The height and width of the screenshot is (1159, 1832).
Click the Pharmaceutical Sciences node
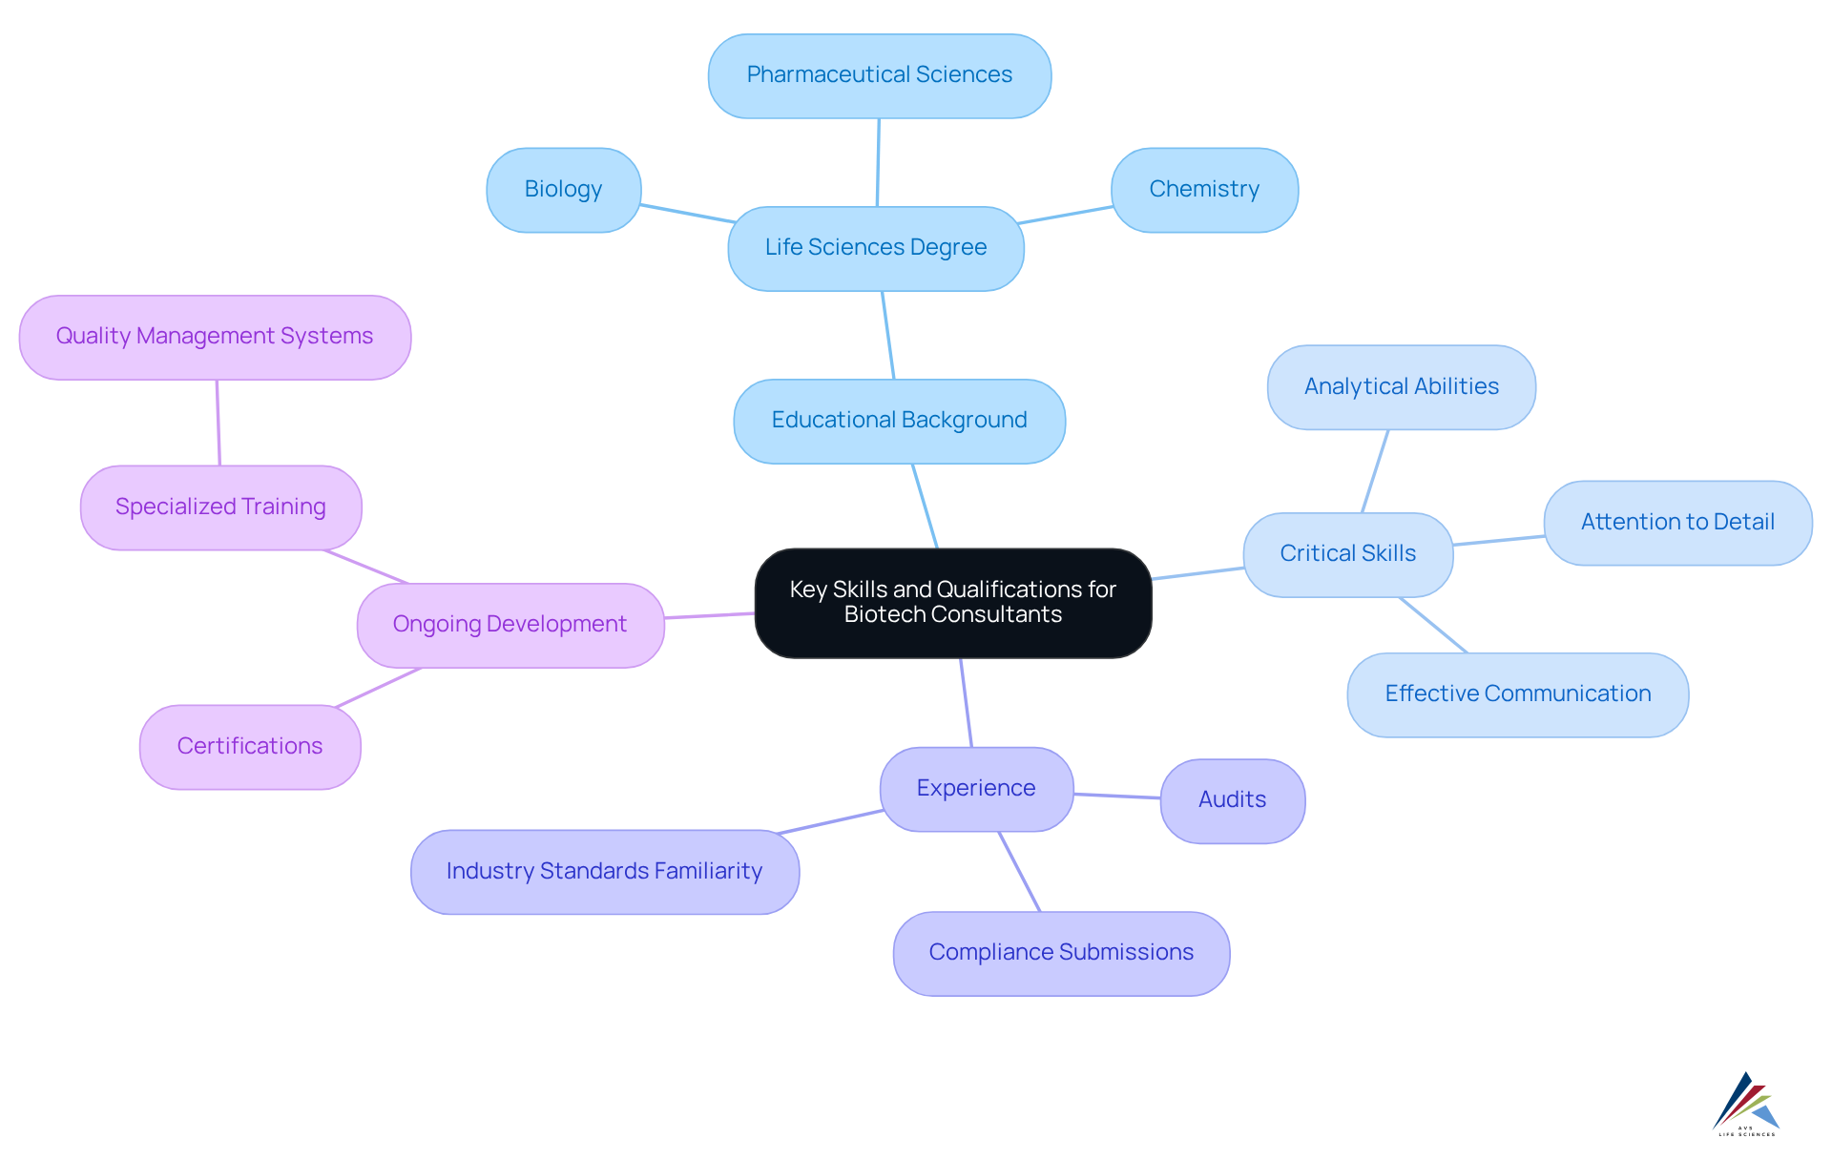pos(879,75)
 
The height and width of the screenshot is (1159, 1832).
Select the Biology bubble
pos(563,189)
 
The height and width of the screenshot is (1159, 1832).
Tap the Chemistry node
pos(1203,189)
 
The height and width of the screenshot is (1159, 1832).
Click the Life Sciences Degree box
pos(875,248)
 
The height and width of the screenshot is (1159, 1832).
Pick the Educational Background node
pos(899,421)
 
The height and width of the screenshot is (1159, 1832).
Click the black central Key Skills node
pos(952,602)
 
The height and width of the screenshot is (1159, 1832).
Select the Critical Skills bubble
pos(1347,554)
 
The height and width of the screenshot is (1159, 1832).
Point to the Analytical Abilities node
pos(1401,386)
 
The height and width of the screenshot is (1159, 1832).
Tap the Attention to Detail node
pos(1676,522)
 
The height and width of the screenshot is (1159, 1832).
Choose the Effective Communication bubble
pos(1517,693)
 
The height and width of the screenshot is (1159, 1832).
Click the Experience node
pos(975,788)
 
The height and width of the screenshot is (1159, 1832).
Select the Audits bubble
pos(1232,800)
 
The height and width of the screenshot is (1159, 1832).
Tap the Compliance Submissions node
pos(1060,953)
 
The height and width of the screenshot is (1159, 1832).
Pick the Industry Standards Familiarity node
pos(604,871)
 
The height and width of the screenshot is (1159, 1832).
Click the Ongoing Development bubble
pos(510,625)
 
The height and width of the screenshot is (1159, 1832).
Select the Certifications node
pos(249,746)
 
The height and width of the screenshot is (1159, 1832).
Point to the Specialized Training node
pos(220,507)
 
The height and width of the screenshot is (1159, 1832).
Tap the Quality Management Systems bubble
pos(215,337)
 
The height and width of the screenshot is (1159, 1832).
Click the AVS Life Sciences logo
pos(1746,1104)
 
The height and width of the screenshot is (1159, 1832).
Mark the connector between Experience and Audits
pos(1116,796)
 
